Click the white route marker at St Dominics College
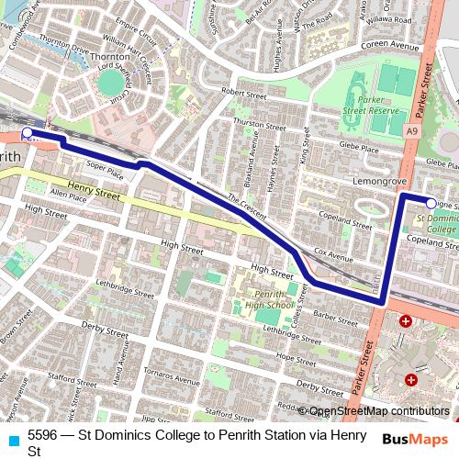(432, 202)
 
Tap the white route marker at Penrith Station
(27, 132)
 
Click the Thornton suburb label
(111, 56)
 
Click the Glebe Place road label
(358, 146)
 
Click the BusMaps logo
(416, 440)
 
